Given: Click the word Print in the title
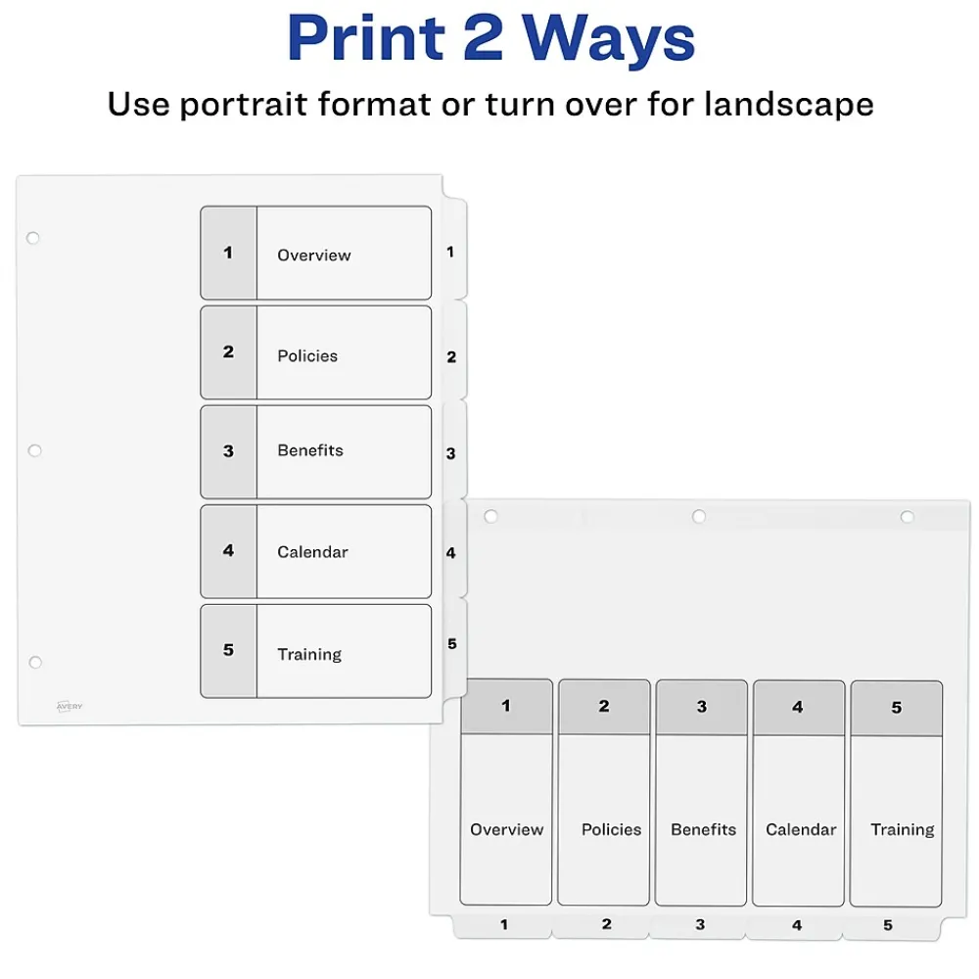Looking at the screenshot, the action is point(366,38).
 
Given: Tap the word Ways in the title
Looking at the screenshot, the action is point(609,39).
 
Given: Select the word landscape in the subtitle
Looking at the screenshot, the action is point(789,104).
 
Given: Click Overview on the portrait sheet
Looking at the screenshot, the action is point(314,256).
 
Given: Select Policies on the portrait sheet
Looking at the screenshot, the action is point(307,356).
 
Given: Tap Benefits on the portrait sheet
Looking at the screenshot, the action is point(310,450).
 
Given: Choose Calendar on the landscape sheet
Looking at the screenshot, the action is point(801,829).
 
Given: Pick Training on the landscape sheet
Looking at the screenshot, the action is point(903,830).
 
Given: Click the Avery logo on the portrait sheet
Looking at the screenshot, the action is point(70,706).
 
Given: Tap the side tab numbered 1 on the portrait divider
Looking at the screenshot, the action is point(454,250).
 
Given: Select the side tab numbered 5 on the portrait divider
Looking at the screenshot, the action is point(454,647).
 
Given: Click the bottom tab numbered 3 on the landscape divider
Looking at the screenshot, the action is point(698,925).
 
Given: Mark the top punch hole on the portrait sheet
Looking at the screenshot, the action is point(33,238).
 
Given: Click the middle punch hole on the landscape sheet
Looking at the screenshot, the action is point(699,516).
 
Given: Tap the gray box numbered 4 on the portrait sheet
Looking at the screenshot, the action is point(228,551).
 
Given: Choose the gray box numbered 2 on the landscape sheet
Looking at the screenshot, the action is point(604,707).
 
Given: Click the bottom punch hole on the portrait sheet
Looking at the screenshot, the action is point(35,662).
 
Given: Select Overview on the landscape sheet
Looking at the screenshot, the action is point(506,829).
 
